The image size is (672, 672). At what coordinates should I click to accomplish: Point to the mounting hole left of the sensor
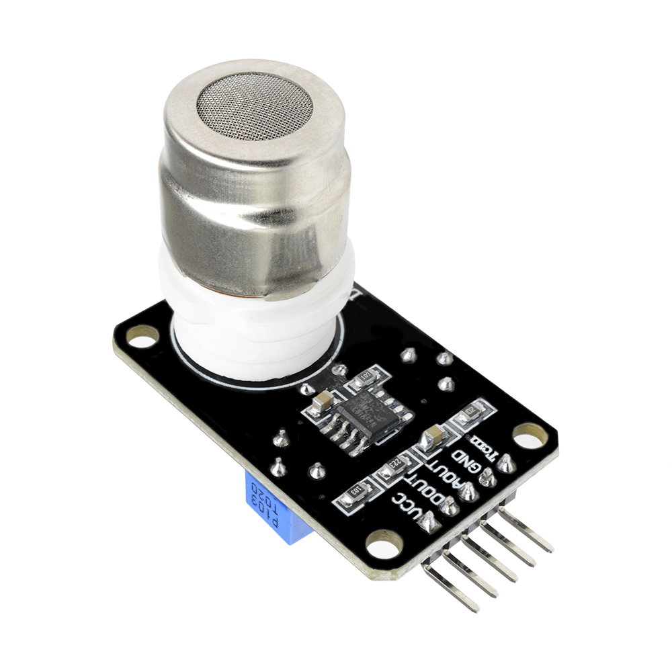(142, 336)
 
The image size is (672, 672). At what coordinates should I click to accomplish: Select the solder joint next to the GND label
(489, 478)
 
